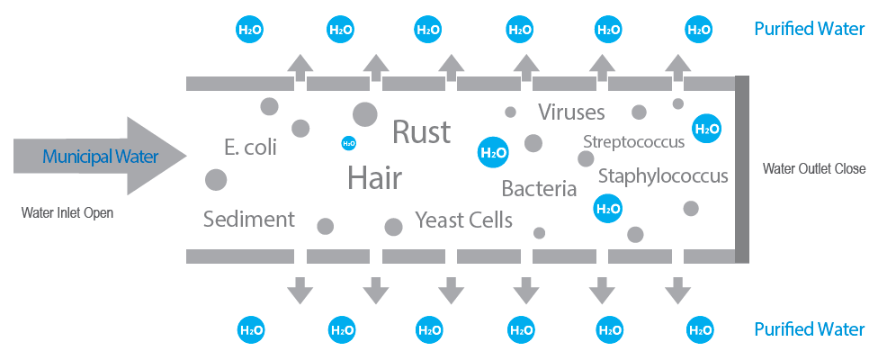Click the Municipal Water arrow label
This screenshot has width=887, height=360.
[x=100, y=157]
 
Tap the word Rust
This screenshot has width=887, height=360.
[x=421, y=132]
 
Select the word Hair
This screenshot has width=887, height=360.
[x=374, y=178]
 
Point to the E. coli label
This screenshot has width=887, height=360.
[x=250, y=148]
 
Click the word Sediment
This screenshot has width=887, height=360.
[x=249, y=219]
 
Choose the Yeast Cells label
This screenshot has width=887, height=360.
[x=463, y=219]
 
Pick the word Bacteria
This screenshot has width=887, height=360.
[x=539, y=189]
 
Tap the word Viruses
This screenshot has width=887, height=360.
[x=571, y=112]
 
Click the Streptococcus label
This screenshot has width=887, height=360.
[x=633, y=141]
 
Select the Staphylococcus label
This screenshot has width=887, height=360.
[x=663, y=175]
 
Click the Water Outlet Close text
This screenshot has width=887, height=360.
[x=814, y=168]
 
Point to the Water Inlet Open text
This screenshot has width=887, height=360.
[x=67, y=213]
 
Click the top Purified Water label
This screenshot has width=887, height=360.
[x=810, y=29]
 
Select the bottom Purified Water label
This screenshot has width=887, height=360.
[x=810, y=329]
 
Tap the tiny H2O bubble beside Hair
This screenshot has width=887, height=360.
[x=348, y=143]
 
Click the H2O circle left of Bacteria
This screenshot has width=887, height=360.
[x=494, y=152]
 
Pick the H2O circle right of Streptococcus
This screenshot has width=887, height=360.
[x=706, y=129]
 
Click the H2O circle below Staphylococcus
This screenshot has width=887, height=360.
[x=608, y=209]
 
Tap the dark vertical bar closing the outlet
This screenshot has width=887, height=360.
[x=742, y=169]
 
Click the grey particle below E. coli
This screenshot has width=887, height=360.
[x=215, y=180]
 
